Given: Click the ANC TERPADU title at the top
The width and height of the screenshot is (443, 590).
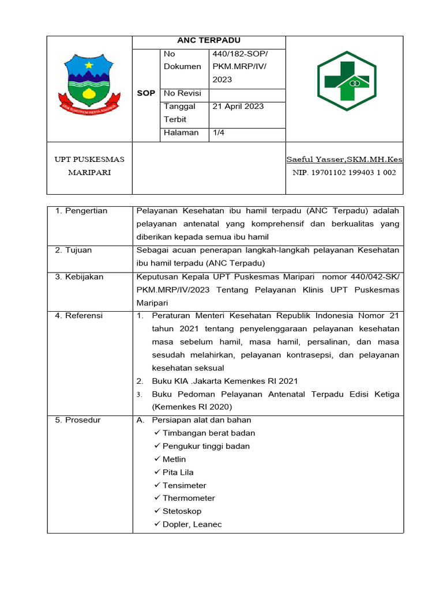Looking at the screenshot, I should click(x=209, y=40).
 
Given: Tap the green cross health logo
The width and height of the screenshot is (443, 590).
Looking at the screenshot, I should click(x=347, y=81).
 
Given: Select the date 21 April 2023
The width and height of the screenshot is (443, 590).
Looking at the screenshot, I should click(x=238, y=106).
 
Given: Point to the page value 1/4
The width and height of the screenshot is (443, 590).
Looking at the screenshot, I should click(x=219, y=133).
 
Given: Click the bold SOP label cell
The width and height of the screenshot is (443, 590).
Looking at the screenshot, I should click(x=146, y=93).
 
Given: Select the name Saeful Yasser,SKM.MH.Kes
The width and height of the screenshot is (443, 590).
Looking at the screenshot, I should click(x=344, y=159).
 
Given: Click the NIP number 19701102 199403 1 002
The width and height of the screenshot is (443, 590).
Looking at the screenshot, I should click(x=344, y=172).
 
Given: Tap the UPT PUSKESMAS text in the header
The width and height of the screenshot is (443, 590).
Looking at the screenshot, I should click(x=89, y=159).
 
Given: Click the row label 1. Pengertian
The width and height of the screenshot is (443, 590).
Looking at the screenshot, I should click(x=81, y=211).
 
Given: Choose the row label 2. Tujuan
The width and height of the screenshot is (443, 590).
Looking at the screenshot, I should click(x=73, y=250).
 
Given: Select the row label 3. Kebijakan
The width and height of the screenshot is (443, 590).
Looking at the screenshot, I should click(x=80, y=277).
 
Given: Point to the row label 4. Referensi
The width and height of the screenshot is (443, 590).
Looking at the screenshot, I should click(x=79, y=315).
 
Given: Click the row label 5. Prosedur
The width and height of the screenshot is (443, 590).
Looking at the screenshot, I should click(x=78, y=420).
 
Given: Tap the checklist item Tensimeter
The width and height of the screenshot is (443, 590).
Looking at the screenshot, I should click(x=184, y=485).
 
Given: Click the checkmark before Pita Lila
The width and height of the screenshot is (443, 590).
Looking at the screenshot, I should click(x=157, y=472).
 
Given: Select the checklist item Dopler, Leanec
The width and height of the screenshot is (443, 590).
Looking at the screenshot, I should click(x=192, y=524).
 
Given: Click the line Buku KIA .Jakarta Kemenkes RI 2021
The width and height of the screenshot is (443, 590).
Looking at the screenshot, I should click(x=225, y=381).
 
